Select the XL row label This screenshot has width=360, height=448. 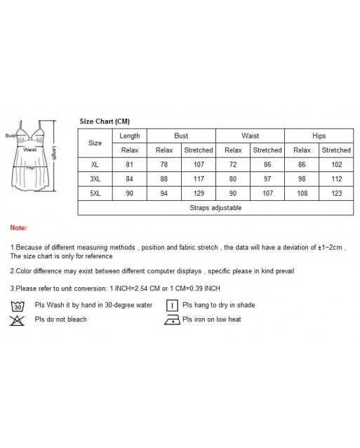click(x=95, y=164)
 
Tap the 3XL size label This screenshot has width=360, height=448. click(x=95, y=179)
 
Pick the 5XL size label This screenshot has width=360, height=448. click(x=95, y=193)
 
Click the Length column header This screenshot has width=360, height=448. click(x=130, y=136)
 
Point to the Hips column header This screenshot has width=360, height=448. click(x=319, y=136)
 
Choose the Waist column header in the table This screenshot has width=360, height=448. click(x=250, y=136)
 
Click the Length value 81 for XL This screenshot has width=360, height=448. click(x=130, y=164)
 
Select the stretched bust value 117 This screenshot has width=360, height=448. click(x=198, y=179)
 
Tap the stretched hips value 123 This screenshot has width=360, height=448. click(x=336, y=193)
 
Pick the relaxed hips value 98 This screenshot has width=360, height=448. click(x=301, y=179)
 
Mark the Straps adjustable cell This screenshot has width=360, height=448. click(x=215, y=208)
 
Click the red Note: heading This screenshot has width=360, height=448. click(x=19, y=228)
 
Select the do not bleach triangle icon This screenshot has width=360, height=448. click(x=18, y=320)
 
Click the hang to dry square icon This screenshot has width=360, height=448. click(x=171, y=305)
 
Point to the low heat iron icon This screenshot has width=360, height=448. click(x=171, y=320)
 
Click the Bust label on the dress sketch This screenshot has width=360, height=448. click(x=11, y=136)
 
